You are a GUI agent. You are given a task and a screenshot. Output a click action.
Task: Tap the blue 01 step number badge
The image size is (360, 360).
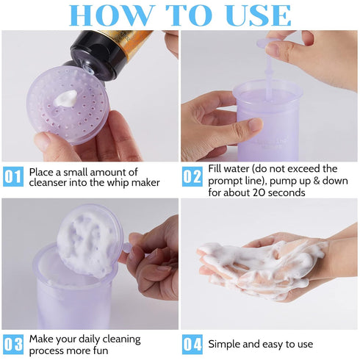tap(12, 176)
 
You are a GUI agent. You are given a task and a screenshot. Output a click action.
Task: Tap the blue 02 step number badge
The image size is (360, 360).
tap(192, 176)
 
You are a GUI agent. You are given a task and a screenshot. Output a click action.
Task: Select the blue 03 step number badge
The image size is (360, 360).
tap(12, 343)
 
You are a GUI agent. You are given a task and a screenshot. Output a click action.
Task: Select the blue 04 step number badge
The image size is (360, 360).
tap(192, 343)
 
